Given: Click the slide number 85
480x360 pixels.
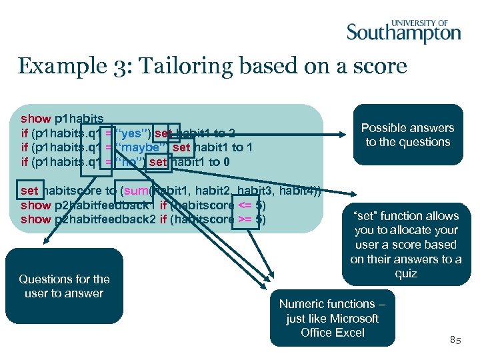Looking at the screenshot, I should tap(455, 340).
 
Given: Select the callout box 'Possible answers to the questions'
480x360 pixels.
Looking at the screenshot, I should tap(407, 135).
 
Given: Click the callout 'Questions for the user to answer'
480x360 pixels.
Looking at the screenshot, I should tap(64, 286).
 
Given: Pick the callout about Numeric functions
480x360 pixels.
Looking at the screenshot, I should tap(332, 318).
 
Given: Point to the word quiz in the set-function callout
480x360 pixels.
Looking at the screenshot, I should tap(405, 273).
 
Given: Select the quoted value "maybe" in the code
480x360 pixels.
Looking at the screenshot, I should tap(143, 147).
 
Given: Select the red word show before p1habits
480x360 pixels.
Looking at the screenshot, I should tap(36, 119).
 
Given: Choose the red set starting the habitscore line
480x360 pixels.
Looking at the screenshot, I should tap(29, 191).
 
